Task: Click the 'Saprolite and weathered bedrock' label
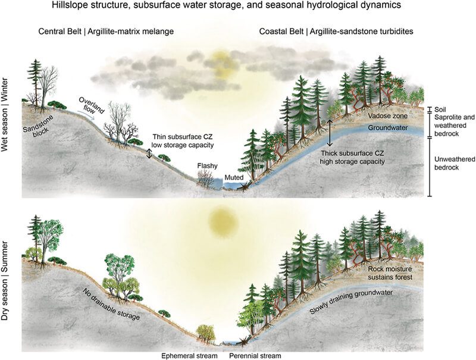pyautogui.click(x=453, y=122)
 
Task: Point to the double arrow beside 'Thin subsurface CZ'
pyautogui.click(x=149, y=154)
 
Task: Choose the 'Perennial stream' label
pyautogui.click(x=254, y=355)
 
